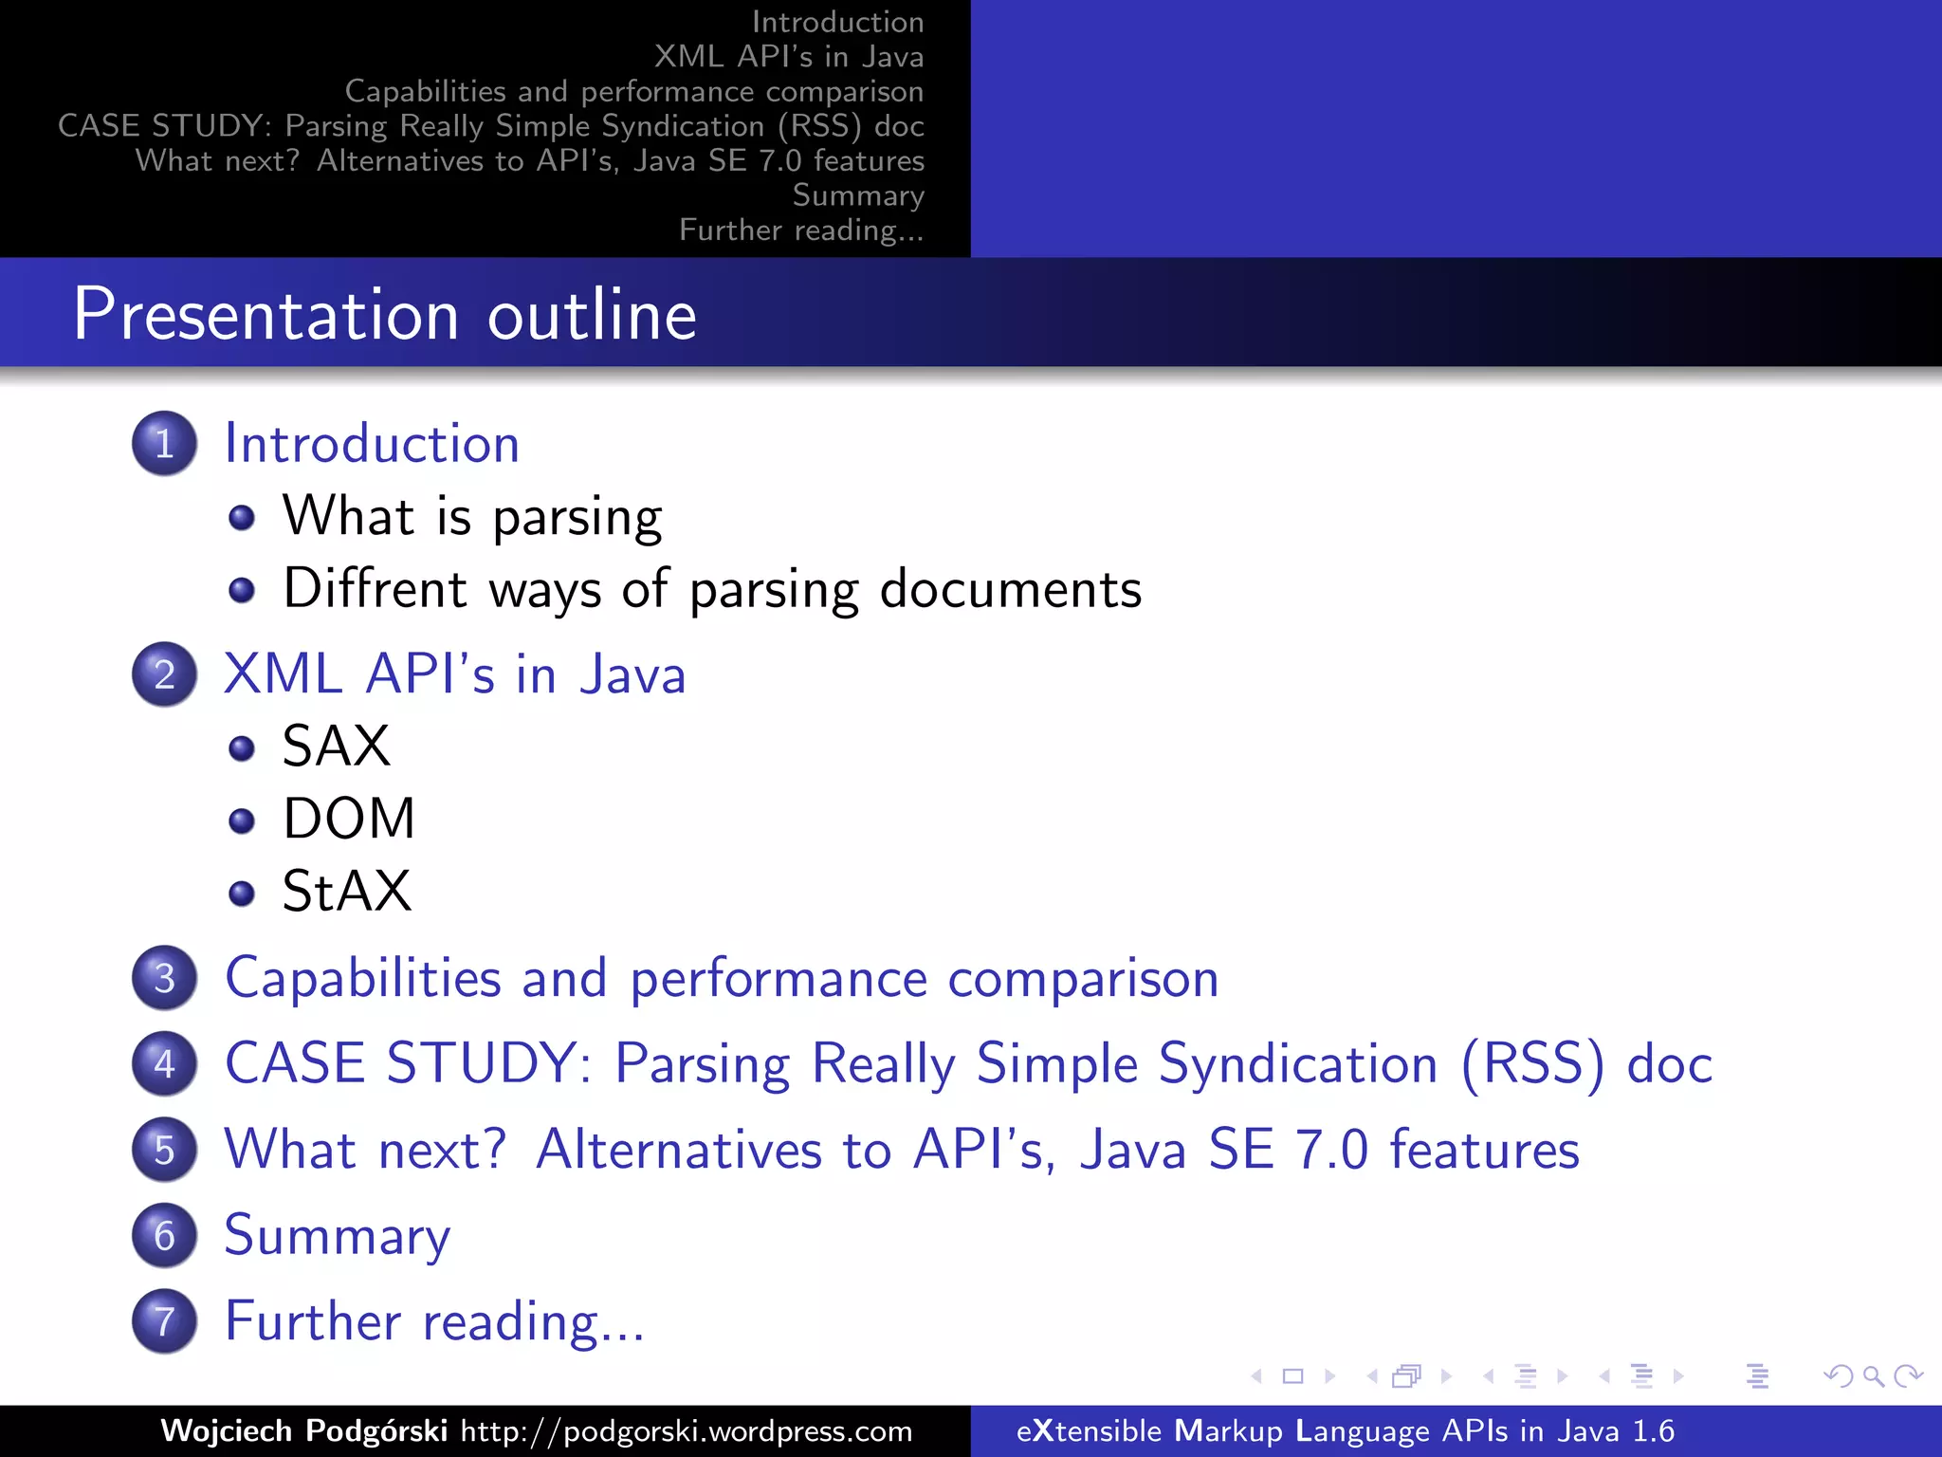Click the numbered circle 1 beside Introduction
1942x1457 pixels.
164,443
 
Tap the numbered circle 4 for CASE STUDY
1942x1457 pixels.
164,1063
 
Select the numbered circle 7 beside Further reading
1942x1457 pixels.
164,1321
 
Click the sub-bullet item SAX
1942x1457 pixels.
337,746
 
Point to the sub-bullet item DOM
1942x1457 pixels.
349,818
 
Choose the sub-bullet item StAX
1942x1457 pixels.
347,891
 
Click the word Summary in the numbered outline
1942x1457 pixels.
338,1235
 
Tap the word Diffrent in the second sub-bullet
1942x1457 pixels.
376,588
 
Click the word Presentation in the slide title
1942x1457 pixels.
266,315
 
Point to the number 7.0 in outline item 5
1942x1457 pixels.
1331,1150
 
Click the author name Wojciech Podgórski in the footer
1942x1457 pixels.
303,1430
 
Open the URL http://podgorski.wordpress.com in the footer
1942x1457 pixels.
687,1430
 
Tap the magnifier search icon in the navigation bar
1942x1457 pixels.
1873,1375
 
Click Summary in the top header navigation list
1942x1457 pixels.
858,195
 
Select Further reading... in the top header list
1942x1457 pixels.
801,231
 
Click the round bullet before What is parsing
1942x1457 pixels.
242,517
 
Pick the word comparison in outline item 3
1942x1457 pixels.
1083,978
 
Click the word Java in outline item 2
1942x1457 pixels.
632,674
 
